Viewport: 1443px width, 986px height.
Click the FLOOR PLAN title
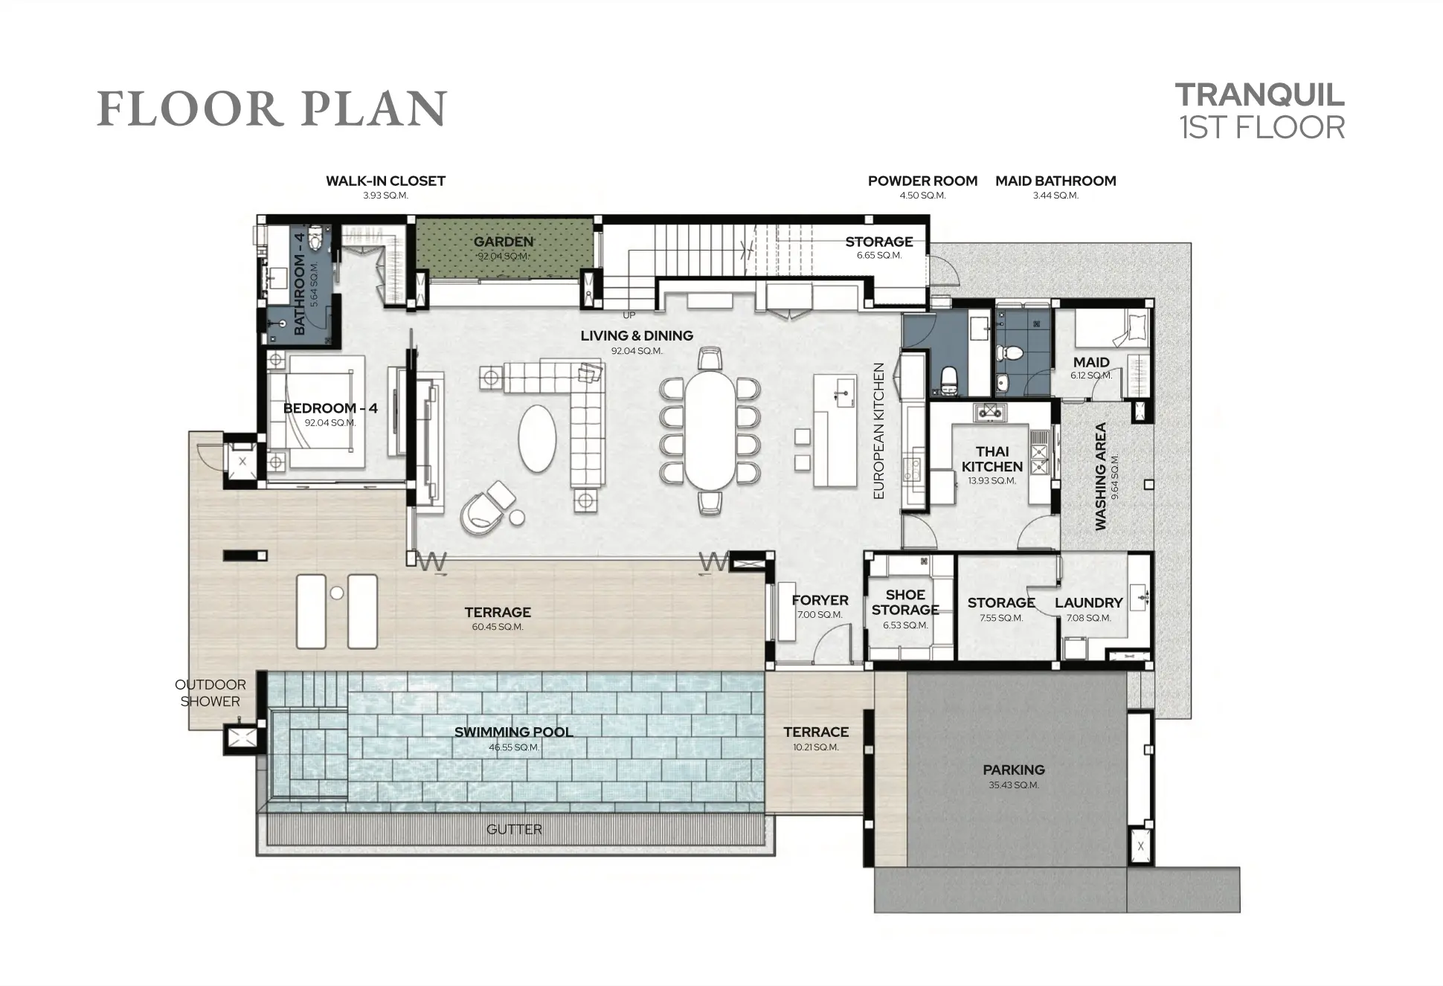(272, 109)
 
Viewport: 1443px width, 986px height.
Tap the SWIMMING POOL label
(514, 732)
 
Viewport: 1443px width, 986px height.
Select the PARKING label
(1014, 770)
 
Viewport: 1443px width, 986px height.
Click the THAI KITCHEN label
(992, 459)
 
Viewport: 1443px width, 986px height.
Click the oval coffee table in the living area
(536, 438)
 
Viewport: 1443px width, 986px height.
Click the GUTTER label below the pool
(514, 829)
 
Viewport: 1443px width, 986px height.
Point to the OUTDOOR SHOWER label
(210, 693)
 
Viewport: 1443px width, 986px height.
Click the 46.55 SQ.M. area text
(514, 747)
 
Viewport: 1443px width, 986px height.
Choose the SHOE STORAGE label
(905, 602)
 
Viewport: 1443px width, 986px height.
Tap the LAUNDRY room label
(1089, 603)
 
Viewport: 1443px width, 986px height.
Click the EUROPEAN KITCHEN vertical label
(878, 431)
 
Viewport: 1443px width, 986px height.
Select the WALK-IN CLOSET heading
(385, 181)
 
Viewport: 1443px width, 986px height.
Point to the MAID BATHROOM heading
(1055, 181)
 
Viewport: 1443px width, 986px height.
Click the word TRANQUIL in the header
(1260, 95)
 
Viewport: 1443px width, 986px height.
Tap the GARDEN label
(504, 242)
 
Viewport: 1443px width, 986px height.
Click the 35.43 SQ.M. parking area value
(1014, 785)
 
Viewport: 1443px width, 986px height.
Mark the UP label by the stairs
(629, 315)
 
